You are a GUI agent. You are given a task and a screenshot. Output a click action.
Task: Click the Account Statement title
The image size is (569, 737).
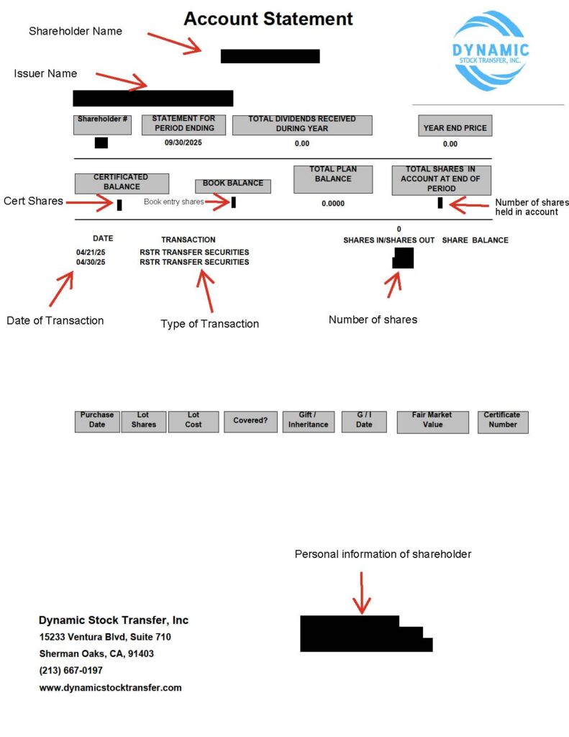268,19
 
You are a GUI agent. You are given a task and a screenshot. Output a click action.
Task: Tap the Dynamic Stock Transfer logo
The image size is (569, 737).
491,51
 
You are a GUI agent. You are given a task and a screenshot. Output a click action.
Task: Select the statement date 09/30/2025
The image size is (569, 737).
183,143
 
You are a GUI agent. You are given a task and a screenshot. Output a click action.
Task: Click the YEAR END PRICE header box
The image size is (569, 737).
455,126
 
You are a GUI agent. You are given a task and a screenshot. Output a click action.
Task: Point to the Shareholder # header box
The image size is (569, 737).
102,125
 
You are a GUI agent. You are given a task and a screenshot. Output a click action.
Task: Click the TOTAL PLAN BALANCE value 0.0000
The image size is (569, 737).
333,204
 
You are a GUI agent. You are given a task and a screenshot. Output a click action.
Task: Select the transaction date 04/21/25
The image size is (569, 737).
91,253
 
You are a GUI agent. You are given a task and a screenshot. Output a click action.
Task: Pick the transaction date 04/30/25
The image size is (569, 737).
91,262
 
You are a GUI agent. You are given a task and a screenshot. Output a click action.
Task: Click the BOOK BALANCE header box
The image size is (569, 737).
233,186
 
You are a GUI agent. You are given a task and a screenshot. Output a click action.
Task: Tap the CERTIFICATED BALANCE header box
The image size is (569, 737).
122,184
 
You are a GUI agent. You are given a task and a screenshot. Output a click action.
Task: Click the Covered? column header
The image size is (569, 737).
250,422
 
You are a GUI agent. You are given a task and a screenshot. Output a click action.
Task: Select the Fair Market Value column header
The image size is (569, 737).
432,422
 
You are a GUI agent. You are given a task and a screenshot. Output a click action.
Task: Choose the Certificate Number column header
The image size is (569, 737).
503,422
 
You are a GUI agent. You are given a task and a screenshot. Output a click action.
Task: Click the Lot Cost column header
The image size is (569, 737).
193,422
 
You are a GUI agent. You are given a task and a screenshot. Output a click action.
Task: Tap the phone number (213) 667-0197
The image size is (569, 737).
71,670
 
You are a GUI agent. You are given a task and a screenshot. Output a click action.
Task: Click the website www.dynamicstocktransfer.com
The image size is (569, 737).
110,687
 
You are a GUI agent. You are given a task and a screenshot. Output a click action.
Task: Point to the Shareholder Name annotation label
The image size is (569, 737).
76,32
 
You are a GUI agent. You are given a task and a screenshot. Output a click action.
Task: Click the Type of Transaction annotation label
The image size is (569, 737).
209,324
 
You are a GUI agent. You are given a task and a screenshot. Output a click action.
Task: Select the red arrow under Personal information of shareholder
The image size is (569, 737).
361,593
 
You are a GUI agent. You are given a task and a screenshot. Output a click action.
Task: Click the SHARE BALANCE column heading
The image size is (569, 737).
475,240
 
